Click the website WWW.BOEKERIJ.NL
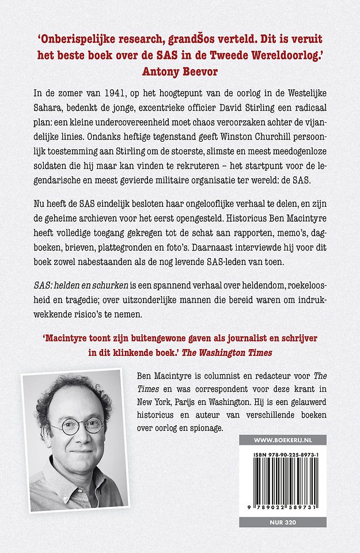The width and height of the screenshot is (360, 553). pyautogui.click(x=282, y=440)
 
